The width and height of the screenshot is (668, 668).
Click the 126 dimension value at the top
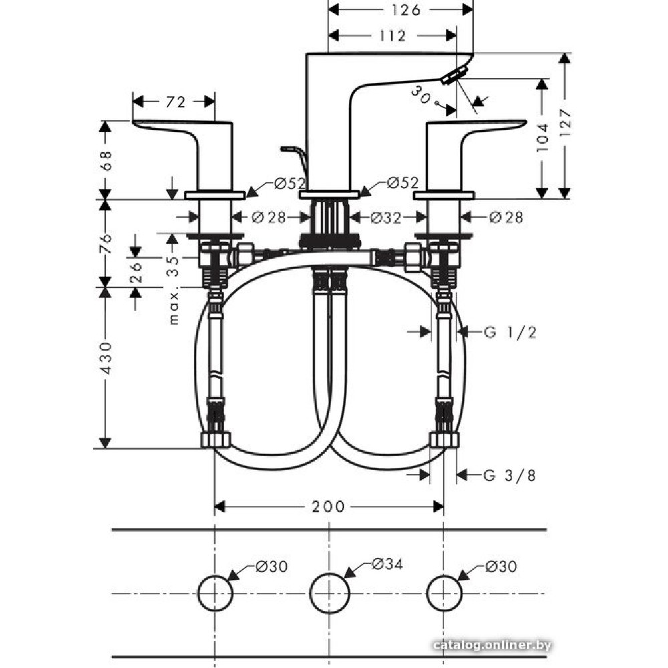click(405, 10)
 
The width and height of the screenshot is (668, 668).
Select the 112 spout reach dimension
click(393, 36)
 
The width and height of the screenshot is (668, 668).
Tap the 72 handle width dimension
click(176, 102)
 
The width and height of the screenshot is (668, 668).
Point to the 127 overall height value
click(565, 123)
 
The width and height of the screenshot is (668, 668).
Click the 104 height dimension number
click(542, 138)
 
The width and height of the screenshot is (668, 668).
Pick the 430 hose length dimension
click(106, 358)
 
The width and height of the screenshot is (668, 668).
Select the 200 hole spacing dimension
click(328, 506)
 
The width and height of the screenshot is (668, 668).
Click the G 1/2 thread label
click(510, 332)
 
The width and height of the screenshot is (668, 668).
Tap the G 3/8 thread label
click(510, 475)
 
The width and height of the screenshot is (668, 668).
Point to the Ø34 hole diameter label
click(387, 564)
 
